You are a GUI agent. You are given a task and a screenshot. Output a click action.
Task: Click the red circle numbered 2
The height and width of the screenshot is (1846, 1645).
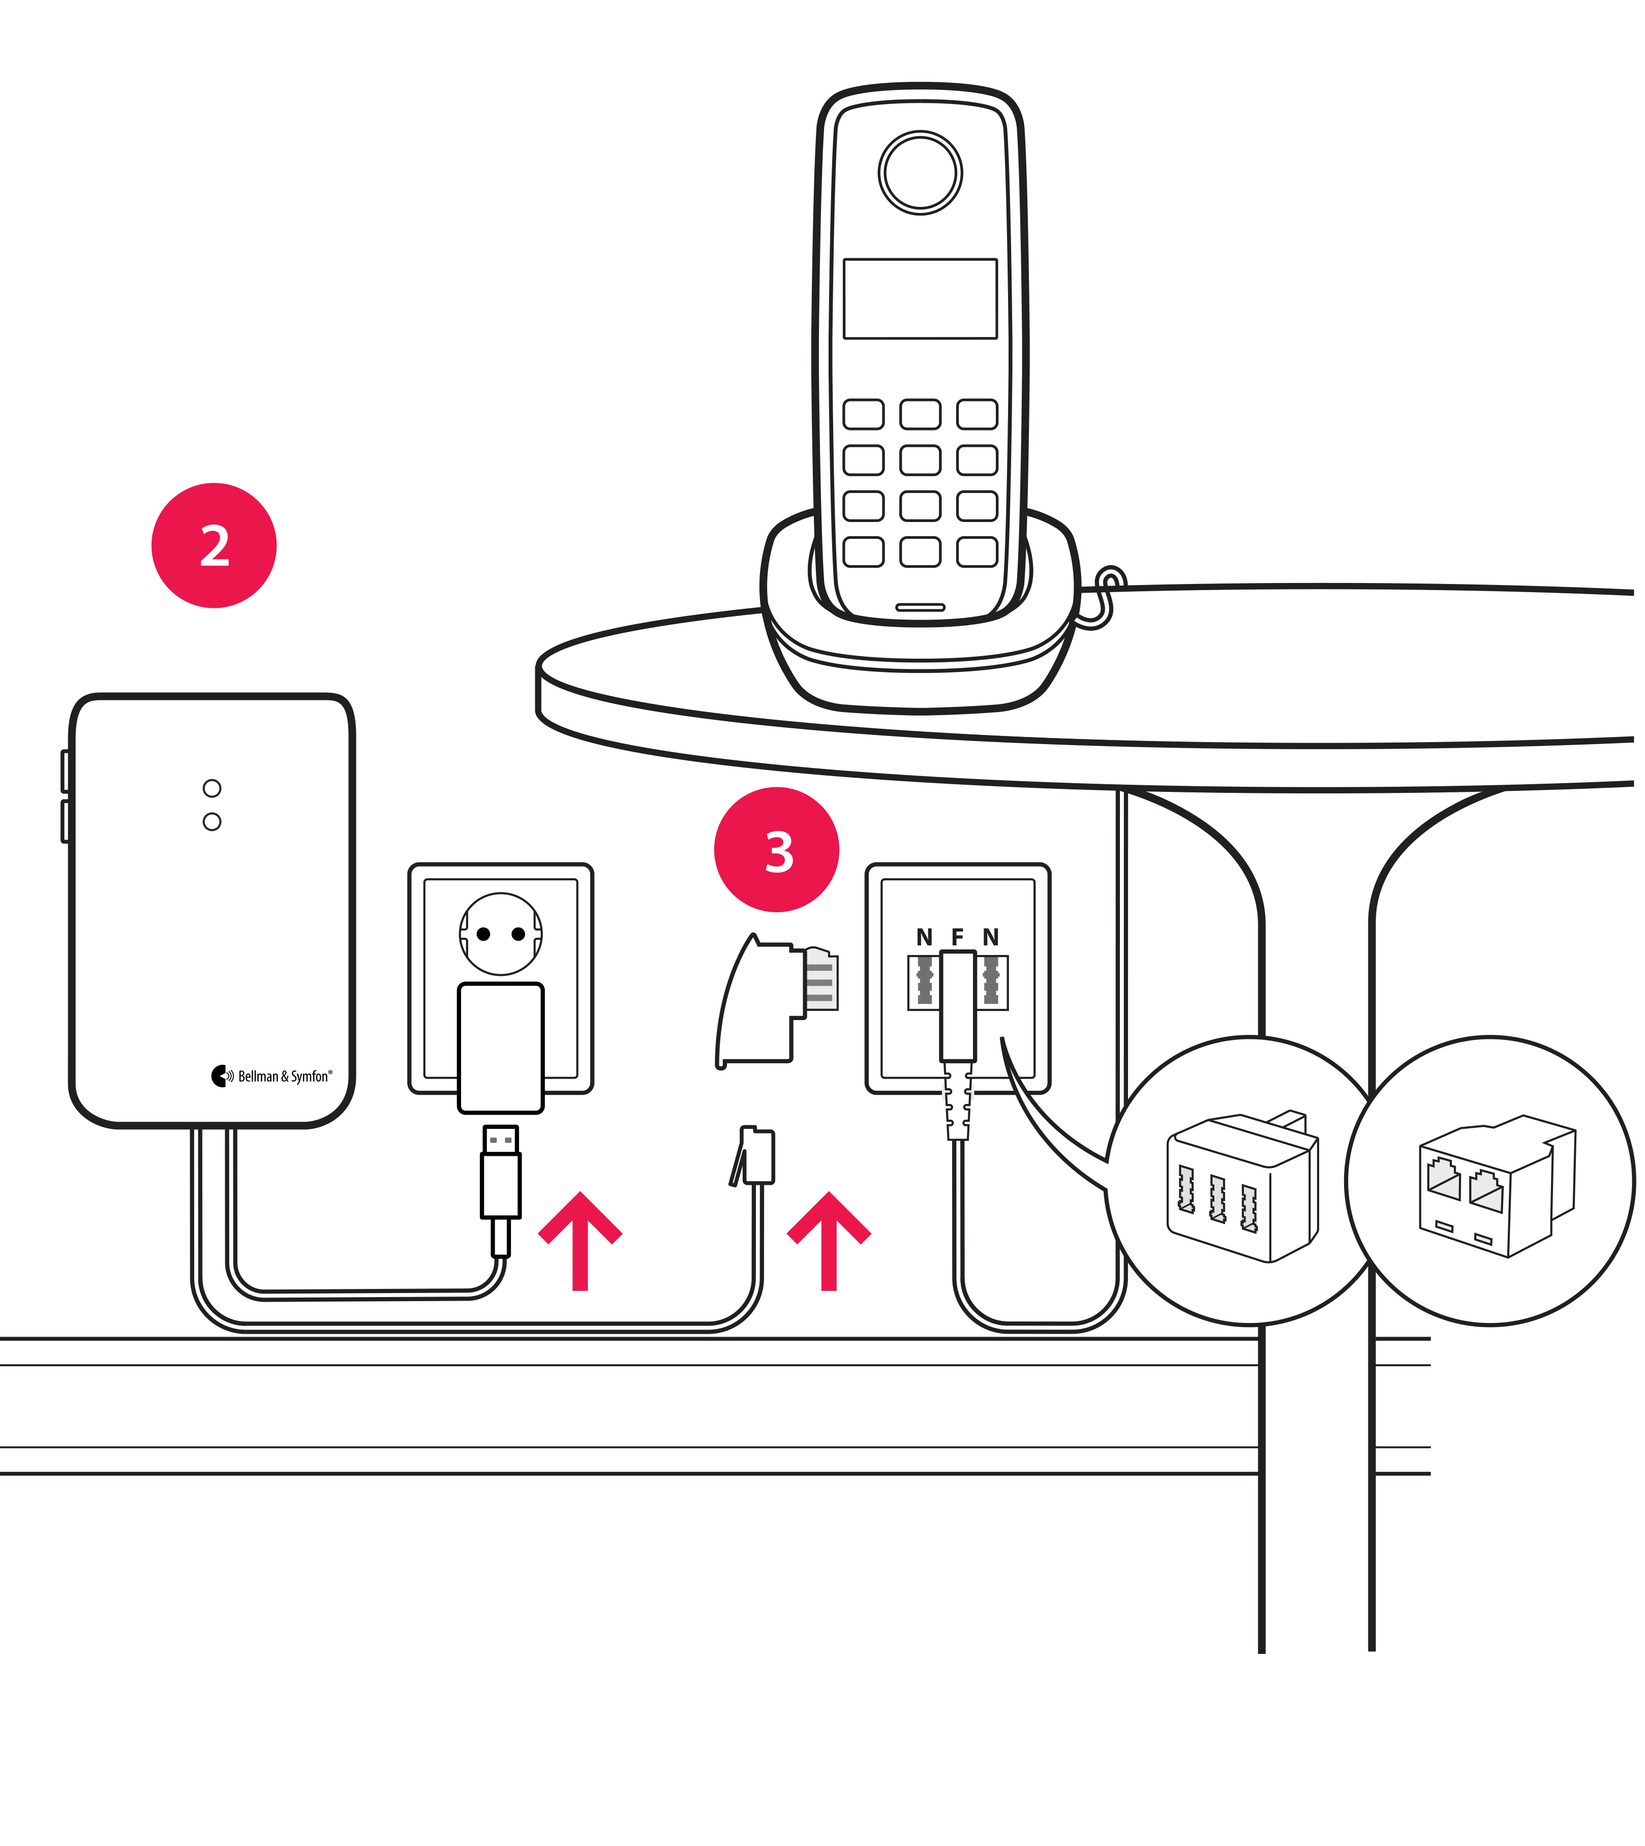pos(214,546)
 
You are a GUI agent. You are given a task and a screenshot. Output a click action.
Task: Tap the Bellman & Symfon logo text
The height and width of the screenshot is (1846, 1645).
pos(284,1076)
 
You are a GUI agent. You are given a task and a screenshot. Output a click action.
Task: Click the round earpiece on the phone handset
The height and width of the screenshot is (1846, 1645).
pos(920,173)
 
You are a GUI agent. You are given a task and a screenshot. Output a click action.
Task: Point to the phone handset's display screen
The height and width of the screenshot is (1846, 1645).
pos(920,299)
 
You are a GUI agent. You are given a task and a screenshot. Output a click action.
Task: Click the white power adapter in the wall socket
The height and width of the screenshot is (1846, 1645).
pos(501,1048)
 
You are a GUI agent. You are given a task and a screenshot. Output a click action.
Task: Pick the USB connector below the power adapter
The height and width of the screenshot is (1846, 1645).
pos(501,1175)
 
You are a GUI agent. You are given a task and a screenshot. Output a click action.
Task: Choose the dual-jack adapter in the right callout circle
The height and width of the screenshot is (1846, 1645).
pos(1491,1184)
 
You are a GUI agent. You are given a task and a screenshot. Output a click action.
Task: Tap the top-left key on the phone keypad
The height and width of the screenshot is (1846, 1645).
pos(863,414)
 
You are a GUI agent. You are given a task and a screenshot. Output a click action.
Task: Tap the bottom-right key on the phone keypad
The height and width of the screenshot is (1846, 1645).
pos(977,551)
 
